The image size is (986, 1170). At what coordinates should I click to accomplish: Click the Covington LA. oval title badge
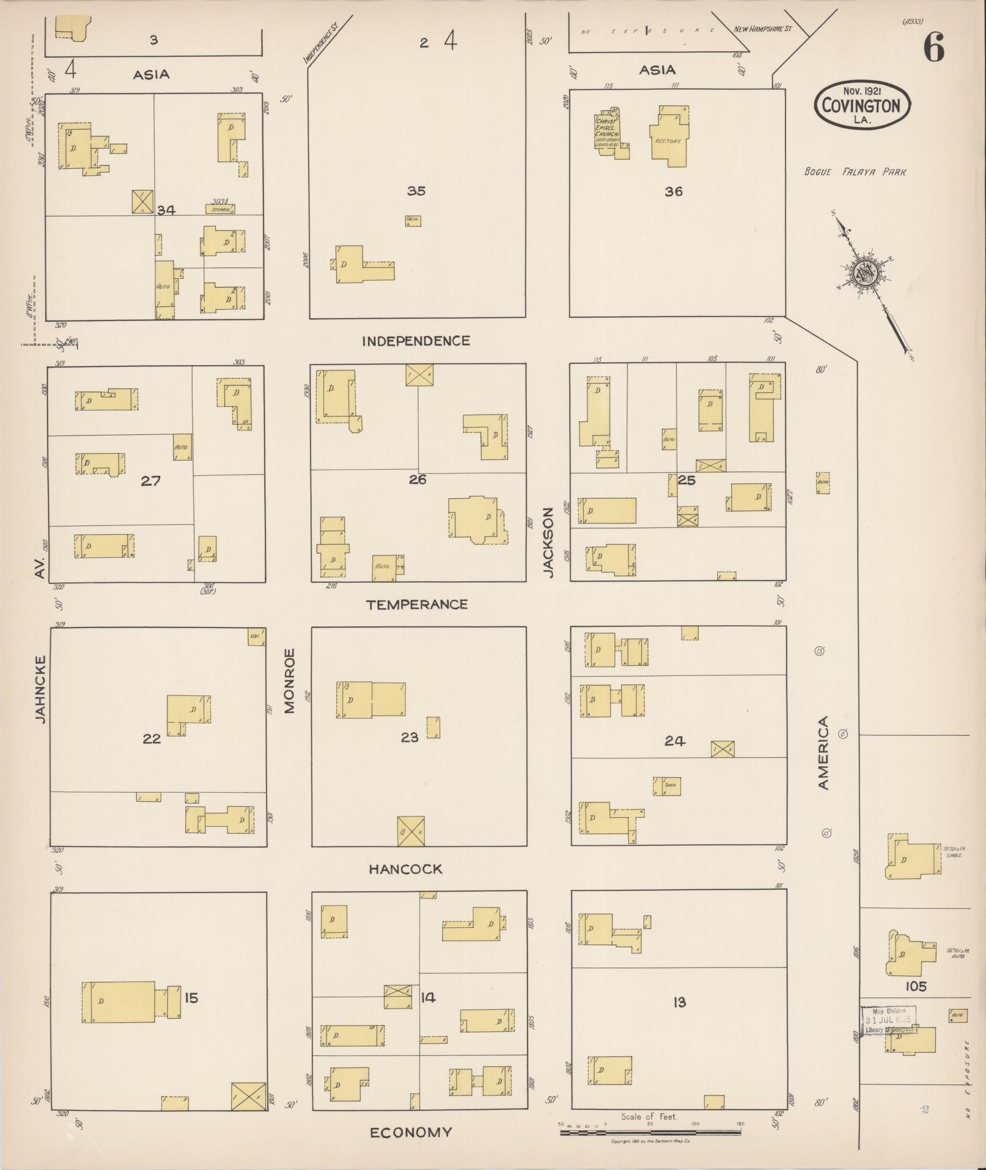click(861, 105)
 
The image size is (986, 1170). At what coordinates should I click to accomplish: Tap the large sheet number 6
click(933, 47)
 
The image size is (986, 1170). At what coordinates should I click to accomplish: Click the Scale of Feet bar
click(650, 1132)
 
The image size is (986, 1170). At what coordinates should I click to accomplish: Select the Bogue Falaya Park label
click(855, 172)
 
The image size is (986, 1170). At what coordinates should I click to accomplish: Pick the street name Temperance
click(417, 605)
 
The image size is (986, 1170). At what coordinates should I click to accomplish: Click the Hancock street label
click(405, 869)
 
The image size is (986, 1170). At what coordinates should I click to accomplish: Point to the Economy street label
click(411, 1132)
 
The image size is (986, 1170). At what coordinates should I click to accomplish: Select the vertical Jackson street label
click(548, 542)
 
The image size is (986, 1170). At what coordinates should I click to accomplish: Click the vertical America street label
click(823, 753)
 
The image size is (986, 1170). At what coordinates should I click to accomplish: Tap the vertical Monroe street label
click(289, 681)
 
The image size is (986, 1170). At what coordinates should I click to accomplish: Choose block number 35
click(416, 191)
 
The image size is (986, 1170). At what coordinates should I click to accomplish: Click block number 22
click(152, 739)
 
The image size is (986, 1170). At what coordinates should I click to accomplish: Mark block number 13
click(679, 1002)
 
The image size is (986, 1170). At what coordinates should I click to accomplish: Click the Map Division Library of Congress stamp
click(889, 1020)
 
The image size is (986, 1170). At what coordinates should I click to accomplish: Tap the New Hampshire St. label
click(762, 29)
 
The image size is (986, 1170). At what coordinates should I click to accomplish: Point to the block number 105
click(916, 987)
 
